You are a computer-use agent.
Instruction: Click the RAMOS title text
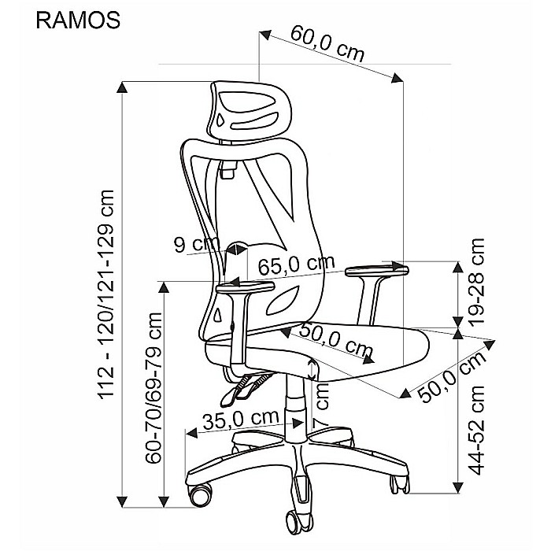[x=78, y=20]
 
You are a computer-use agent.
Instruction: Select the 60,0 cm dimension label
[x=327, y=44]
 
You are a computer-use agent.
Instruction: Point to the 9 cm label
[x=197, y=243]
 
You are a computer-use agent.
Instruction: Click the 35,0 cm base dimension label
[x=241, y=420]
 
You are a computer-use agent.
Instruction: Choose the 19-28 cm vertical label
[x=476, y=283]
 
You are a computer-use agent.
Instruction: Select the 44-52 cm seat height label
[x=476, y=430]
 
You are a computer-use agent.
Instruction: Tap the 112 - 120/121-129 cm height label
[x=106, y=294]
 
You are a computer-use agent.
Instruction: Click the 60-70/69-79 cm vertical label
[x=153, y=388]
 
